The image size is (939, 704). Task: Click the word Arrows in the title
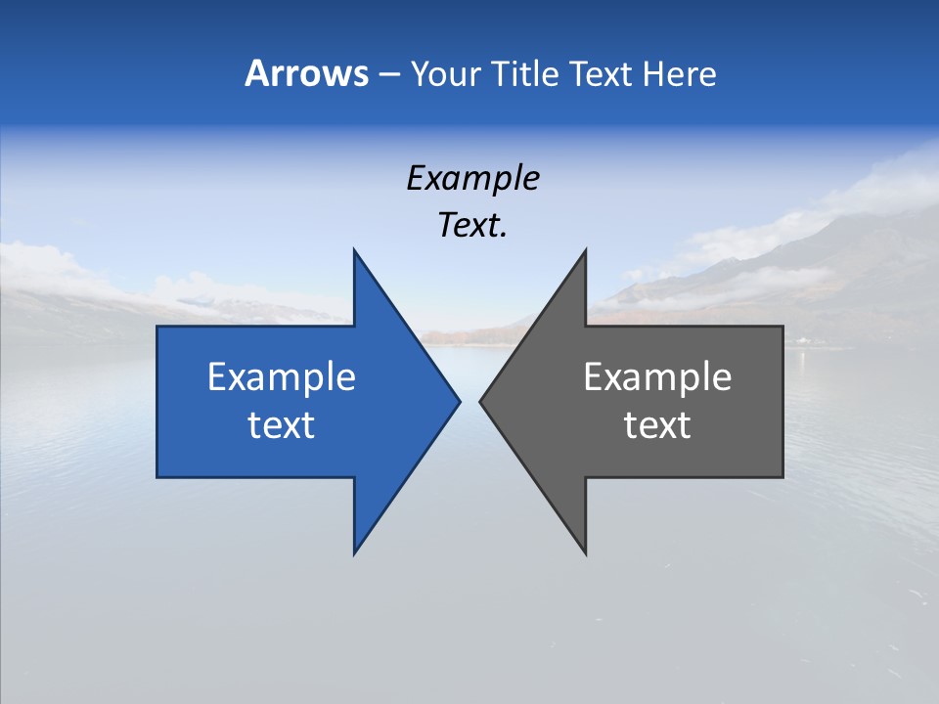[x=306, y=73]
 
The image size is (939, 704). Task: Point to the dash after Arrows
[x=388, y=75]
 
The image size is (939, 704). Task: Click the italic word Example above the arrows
[x=472, y=178]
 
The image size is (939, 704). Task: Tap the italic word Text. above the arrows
[x=472, y=225]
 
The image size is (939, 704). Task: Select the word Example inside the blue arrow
[x=282, y=376]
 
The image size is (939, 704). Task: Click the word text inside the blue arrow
[x=282, y=424]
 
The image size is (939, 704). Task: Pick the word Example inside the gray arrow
[x=657, y=376]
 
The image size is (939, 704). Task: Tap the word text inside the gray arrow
[x=657, y=424]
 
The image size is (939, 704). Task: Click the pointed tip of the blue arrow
[x=459, y=401]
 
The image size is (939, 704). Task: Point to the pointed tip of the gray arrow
[x=481, y=401]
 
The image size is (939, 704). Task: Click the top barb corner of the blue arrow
[x=355, y=250]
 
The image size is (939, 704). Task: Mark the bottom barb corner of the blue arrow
[x=355, y=553]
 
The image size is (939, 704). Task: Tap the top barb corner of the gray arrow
[x=585, y=250]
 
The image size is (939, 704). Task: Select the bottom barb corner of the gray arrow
[x=585, y=553]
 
